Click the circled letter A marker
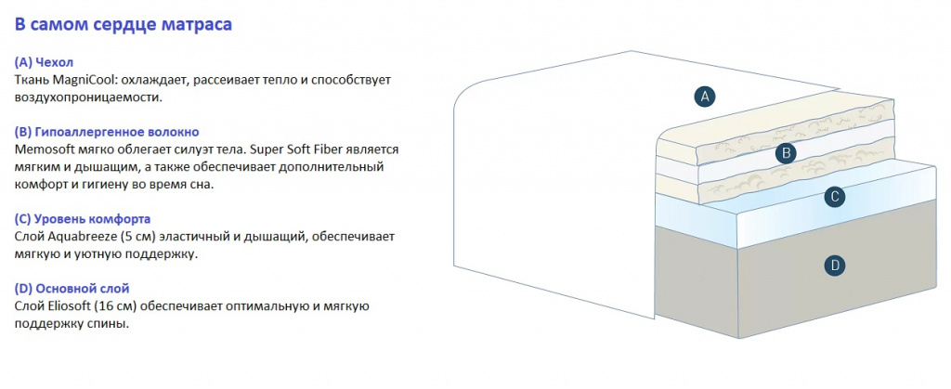pos(705,96)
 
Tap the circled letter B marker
pos(786,153)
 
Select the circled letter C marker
pos(835,196)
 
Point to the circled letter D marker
pos(835,266)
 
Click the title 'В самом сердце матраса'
pos(124,25)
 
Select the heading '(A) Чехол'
pos(44,62)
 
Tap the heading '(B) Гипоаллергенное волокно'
pos(106,132)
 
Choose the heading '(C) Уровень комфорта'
pos(82,219)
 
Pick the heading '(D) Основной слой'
pos(72,289)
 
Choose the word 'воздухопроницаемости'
pos(88,97)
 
